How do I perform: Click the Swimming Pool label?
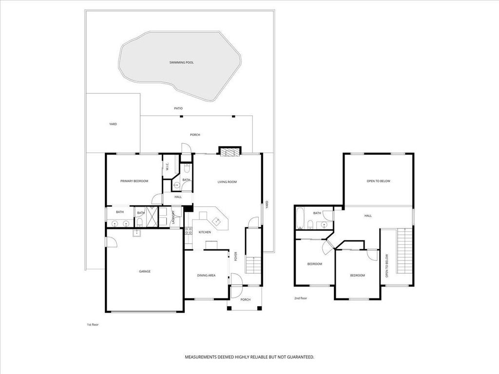pyautogui.click(x=181, y=63)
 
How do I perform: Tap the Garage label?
pyautogui.click(x=145, y=271)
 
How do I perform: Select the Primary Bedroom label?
pyautogui.click(x=134, y=181)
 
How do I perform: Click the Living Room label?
pyautogui.click(x=227, y=182)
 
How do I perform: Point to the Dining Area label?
pyautogui.click(x=206, y=276)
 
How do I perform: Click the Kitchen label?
pyautogui.click(x=205, y=232)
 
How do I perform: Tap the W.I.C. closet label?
pyautogui.click(x=167, y=166)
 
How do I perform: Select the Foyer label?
pyautogui.click(x=236, y=256)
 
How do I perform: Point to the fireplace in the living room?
pyautogui.click(x=229, y=152)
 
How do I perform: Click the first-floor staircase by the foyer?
pyautogui.click(x=253, y=265)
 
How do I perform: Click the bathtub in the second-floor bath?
pyautogui.click(x=299, y=218)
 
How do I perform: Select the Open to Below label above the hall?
pyautogui.click(x=379, y=181)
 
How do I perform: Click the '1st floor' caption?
pyautogui.click(x=92, y=324)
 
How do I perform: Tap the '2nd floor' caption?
pyautogui.click(x=301, y=298)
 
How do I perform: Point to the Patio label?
pyautogui.click(x=178, y=108)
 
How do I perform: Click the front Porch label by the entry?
pyautogui.click(x=245, y=299)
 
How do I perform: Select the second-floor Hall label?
pyautogui.click(x=368, y=216)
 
